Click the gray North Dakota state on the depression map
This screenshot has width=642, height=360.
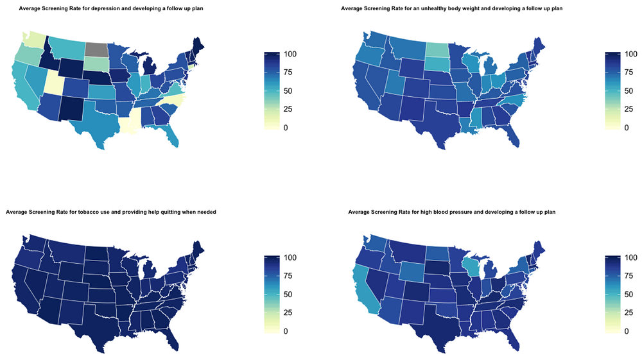[97, 49]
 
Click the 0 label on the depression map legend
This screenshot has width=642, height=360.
[286, 128]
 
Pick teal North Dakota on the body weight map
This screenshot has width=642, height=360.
[437, 49]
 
